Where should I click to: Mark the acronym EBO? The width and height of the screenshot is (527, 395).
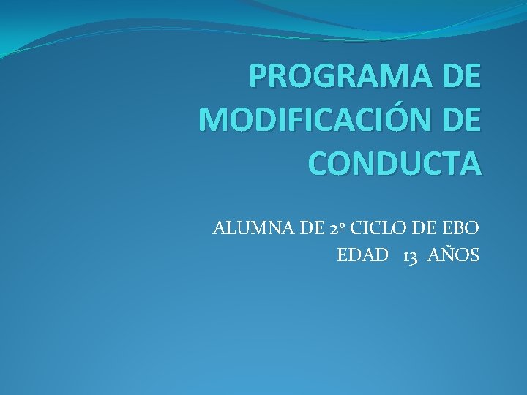coord(460,228)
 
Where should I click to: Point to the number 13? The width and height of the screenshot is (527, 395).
coord(410,255)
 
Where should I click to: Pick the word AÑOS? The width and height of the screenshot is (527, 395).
coord(453,255)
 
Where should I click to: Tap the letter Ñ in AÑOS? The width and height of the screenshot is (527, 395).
coord(448,255)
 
